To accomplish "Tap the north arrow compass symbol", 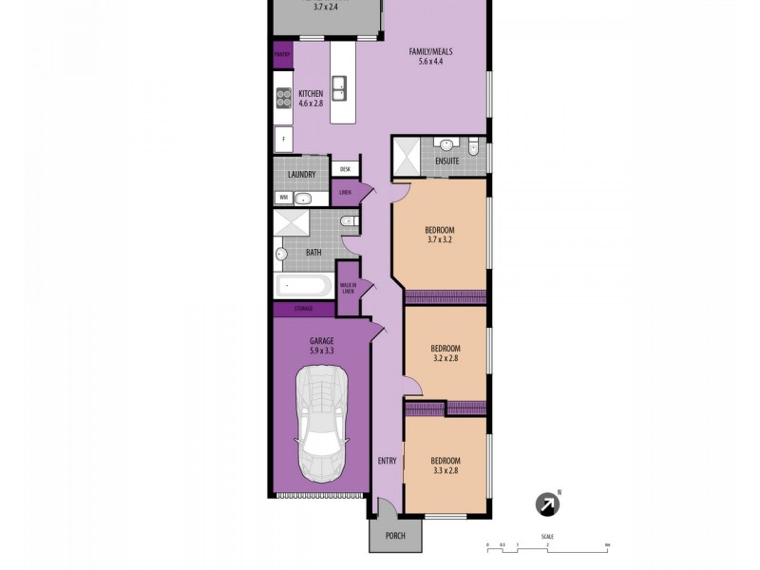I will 548,504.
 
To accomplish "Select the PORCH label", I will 395,536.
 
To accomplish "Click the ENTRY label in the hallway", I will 387,461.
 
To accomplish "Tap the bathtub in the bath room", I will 303,285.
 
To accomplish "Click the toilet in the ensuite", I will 472,145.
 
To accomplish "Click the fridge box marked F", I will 283,139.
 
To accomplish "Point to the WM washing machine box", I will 282,198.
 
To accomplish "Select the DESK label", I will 345,169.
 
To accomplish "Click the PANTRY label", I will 282,55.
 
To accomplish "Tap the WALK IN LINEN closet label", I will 349,288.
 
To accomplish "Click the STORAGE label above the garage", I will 303,309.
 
